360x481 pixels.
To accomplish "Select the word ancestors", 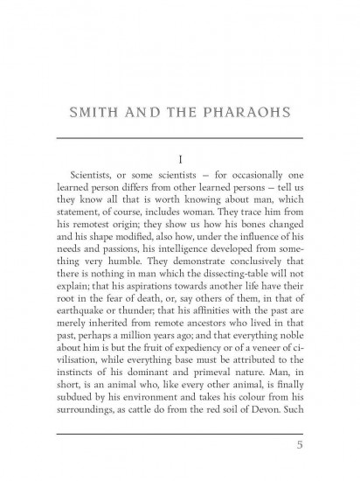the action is point(200,317).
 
